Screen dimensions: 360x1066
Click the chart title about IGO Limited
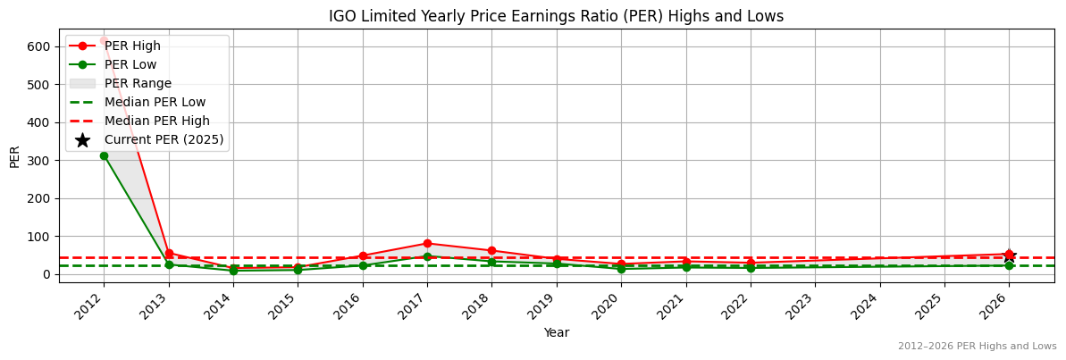coord(556,16)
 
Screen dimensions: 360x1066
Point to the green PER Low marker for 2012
coord(104,155)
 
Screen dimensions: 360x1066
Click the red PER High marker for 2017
coord(427,243)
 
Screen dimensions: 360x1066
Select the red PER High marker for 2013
coord(169,253)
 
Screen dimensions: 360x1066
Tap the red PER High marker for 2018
coord(491,251)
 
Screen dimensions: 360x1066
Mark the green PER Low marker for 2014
coord(233,271)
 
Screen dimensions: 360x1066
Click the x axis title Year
coord(556,332)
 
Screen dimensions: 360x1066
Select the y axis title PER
coord(14,155)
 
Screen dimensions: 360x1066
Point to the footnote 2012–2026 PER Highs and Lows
coord(977,346)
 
